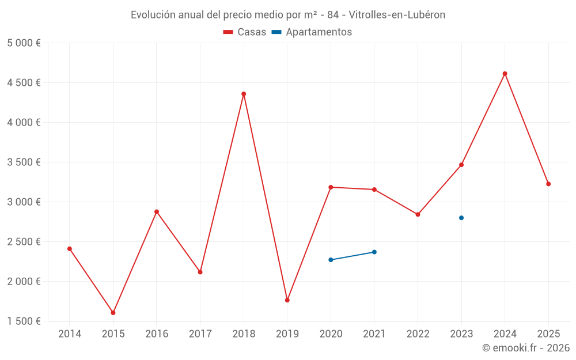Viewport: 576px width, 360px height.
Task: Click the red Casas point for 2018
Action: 244,94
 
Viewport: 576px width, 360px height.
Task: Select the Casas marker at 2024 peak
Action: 505,74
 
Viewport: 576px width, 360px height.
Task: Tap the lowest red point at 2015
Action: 113,313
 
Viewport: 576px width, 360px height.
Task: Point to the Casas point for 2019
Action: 287,300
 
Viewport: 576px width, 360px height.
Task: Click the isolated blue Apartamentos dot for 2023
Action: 461,218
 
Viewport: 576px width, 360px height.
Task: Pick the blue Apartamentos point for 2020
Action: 331,260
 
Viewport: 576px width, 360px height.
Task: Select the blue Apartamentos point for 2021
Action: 374,252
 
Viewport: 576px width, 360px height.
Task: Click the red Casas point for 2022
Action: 418,214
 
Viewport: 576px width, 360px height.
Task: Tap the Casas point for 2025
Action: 548,184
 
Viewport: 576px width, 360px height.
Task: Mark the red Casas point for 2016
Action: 157,211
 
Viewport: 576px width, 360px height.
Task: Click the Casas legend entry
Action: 245,32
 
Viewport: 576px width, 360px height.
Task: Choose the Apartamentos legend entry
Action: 312,32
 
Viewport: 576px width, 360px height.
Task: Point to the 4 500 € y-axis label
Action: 24,82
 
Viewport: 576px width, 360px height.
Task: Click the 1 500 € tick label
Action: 24,321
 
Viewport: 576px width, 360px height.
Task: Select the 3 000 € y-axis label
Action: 24,202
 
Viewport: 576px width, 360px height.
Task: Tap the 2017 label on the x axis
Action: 200,334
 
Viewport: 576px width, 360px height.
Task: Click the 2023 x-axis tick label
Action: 461,334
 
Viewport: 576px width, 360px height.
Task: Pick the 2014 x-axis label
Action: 70,334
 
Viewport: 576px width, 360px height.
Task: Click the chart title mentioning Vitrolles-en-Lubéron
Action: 288,15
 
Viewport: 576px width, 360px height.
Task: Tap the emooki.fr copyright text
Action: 526,348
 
